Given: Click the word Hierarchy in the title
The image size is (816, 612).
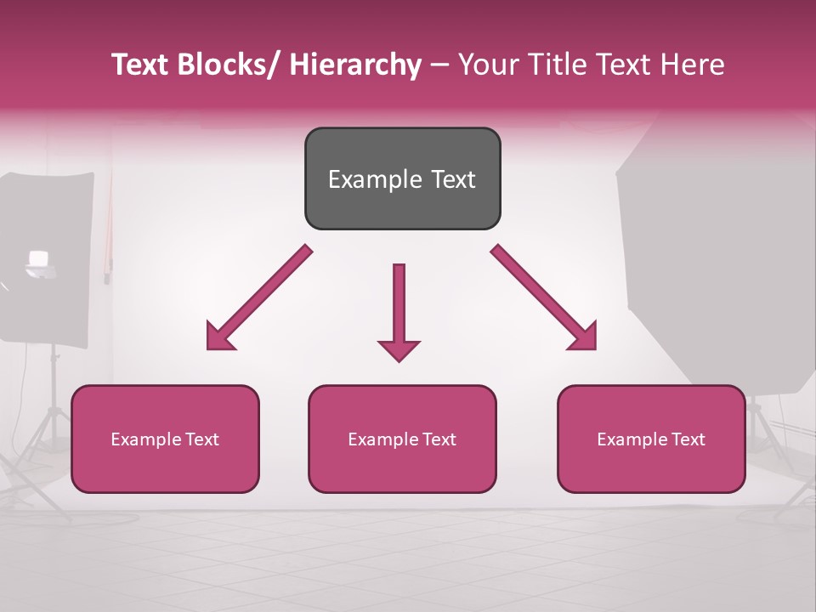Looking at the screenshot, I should pos(355,65).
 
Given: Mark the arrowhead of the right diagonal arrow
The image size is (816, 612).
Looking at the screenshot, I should pos(584,337).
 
